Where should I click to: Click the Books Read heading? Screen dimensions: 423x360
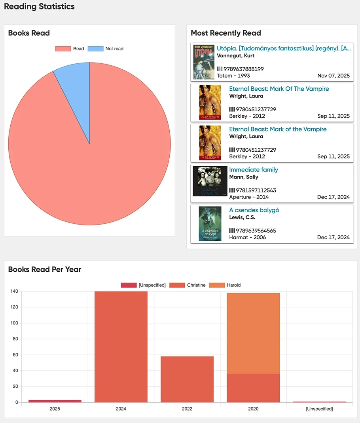(29, 33)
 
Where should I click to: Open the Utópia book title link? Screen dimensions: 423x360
(283, 48)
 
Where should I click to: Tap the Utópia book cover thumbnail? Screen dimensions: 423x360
(204, 62)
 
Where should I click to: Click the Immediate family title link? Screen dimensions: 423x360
(254, 170)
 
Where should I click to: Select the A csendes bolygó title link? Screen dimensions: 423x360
(254, 210)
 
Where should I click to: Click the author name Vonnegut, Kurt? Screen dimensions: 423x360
(235, 55)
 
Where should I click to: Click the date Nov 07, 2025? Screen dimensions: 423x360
(333, 76)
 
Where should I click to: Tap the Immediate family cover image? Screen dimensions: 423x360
(210, 181)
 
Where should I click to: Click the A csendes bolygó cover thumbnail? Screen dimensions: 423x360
(210, 224)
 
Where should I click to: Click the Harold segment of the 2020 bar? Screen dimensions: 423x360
(253, 333)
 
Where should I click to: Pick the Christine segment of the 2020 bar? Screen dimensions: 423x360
(253, 388)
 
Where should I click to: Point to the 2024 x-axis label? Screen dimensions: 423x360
(121, 409)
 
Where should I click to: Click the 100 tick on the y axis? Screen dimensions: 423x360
(15, 323)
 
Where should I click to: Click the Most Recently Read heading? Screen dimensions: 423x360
(226, 33)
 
